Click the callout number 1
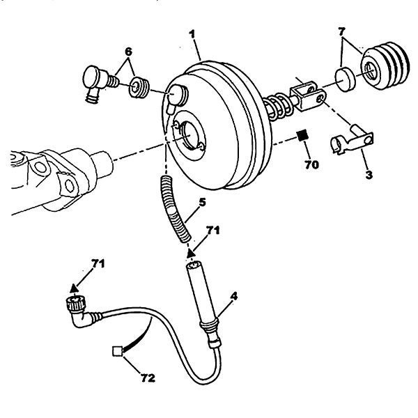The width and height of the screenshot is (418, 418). coord(192,35)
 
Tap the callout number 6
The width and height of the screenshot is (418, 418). coord(128,52)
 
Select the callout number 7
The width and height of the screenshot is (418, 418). coord(342,32)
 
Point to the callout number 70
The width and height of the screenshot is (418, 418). coord(311,164)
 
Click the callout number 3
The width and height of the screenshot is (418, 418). coord(369,175)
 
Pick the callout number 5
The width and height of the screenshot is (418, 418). coord(202,202)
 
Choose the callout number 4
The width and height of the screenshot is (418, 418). coord(233,297)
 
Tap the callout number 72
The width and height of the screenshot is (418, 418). coord(148,378)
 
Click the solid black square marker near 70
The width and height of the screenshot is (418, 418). coord(303,135)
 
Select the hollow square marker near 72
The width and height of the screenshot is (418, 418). coord(117,351)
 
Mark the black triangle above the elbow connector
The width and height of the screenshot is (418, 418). coord(74,288)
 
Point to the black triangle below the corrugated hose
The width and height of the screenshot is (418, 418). coord(190,253)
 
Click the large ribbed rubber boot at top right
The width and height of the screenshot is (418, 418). coord(385,65)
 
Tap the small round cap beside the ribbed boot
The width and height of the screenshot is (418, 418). coord(346,79)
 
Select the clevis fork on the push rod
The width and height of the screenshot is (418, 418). coord(308,97)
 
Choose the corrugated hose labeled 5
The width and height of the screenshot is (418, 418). coord(174,208)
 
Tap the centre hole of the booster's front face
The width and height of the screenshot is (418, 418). coord(189,135)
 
